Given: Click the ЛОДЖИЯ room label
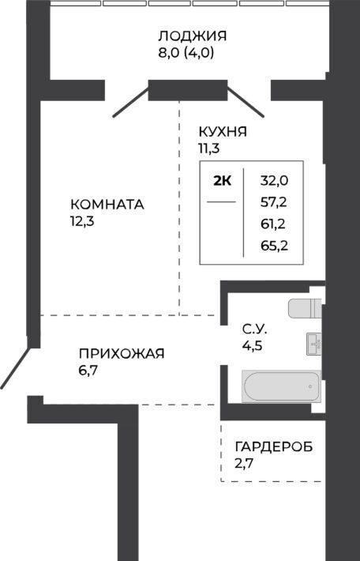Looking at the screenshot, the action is click(193, 36).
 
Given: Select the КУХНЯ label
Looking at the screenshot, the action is click(223, 132).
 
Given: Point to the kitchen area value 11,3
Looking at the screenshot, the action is click(209, 148).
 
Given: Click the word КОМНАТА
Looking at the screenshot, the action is click(107, 205).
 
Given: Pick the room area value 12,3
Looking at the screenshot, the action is click(82, 221).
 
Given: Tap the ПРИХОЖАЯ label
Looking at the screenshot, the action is click(122, 353).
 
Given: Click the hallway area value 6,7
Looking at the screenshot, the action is click(88, 371).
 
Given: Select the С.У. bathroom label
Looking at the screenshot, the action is click(254, 329).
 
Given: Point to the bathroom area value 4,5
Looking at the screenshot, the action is click(253, 346).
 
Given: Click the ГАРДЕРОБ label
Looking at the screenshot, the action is click(274, 446).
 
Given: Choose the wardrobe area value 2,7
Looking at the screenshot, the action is click(244, 464).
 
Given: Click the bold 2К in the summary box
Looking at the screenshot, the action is click(222, 181).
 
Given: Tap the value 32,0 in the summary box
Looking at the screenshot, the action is click(274, 181).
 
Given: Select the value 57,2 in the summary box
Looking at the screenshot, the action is click(274, 202).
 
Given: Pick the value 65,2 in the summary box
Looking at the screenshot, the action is click(274, 246).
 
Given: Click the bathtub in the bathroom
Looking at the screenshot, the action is click(281, 386).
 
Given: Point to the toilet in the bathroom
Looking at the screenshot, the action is click(305, 308).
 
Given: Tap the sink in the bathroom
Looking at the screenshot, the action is click(314, 344).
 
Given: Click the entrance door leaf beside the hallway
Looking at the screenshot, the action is click(15, 368).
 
